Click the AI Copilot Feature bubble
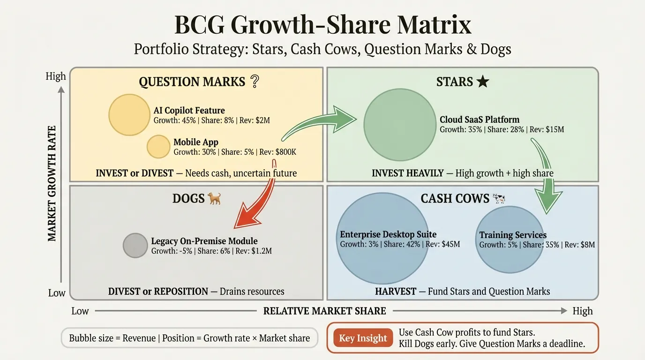[129, 115]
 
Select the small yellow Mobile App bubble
[158, 147]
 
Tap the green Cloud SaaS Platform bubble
[400, 123]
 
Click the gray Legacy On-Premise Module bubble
[135, 245]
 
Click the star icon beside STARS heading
[482, 82]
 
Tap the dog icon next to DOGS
[214, 198]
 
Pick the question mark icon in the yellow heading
[255, 82]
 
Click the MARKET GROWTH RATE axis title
[52, 183]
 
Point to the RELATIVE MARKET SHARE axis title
[324, 311]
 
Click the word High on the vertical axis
[56, 76]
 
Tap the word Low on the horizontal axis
[80, 311]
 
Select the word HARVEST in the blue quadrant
[395, 292]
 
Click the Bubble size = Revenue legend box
[189, 338]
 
